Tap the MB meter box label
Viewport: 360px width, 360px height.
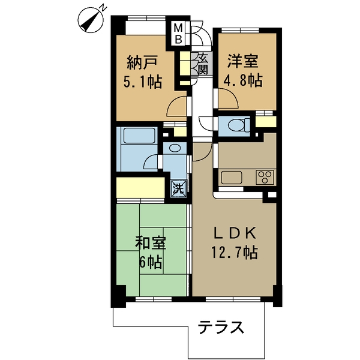[x=178, y=34]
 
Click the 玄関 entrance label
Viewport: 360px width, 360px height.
[x=202, y=64]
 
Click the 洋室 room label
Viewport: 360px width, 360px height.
[x=242, y=61]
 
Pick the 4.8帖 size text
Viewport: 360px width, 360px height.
[x=242, y=80]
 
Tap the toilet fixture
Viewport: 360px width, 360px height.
[x=239, y=125]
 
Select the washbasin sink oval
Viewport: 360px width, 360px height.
[x=174, y=148]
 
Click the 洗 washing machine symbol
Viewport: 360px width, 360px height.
[x=178, y=188]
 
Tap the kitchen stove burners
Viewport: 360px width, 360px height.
[x=265, y=177]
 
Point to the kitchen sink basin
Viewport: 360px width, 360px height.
[x=231, y=178]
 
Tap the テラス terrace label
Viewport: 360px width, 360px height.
[x=221, y=328]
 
